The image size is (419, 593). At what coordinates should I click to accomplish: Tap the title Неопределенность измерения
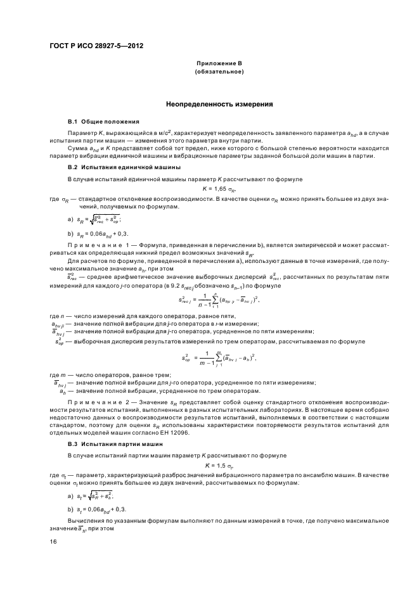click(219, 103)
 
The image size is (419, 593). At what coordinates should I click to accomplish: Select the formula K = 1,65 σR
click(219, 189)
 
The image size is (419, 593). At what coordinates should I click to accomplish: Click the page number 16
click(54, 541)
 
